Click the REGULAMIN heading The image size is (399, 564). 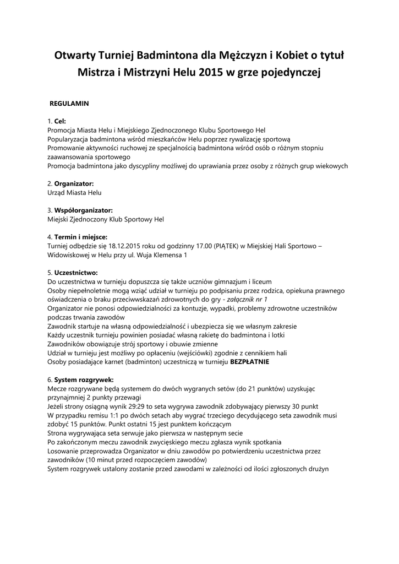coord(69,103)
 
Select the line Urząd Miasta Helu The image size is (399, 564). coord(74,193)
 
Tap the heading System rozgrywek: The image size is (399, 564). coord(84,379)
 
